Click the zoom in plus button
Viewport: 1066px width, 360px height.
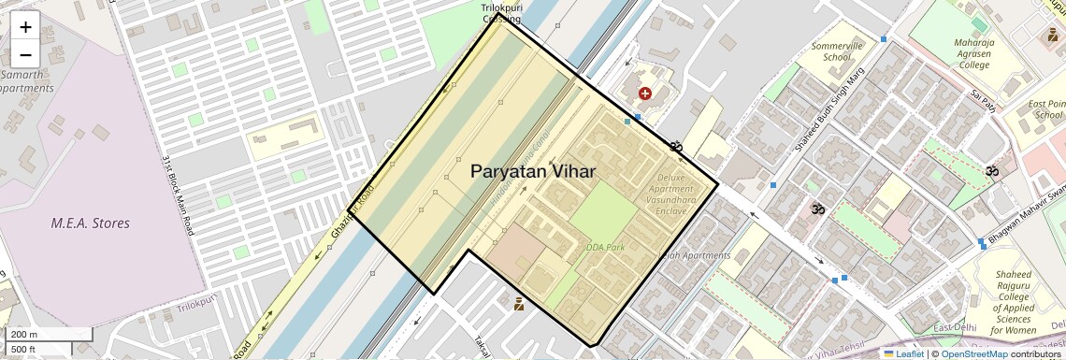[x=25, y=27]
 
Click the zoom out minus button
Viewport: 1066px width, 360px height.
[x=25, y=53]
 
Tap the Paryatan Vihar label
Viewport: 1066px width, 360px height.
[x=532, y=171]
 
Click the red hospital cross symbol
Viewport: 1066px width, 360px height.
[x=644, y=94]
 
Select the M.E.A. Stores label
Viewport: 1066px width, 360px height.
[x=91, y=223]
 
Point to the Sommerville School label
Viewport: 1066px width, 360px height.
[x=830, y=51]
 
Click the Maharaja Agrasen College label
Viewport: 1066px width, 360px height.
[x=972, y=53]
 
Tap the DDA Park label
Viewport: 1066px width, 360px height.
[x=604, y=248]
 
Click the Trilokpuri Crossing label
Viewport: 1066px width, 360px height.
[x=502, y=12]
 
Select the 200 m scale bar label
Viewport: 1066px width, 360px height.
[x=24, y=334]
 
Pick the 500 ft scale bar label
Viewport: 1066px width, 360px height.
[x=24, y=350]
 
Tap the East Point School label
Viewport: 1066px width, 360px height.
[x=1045, y=109]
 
